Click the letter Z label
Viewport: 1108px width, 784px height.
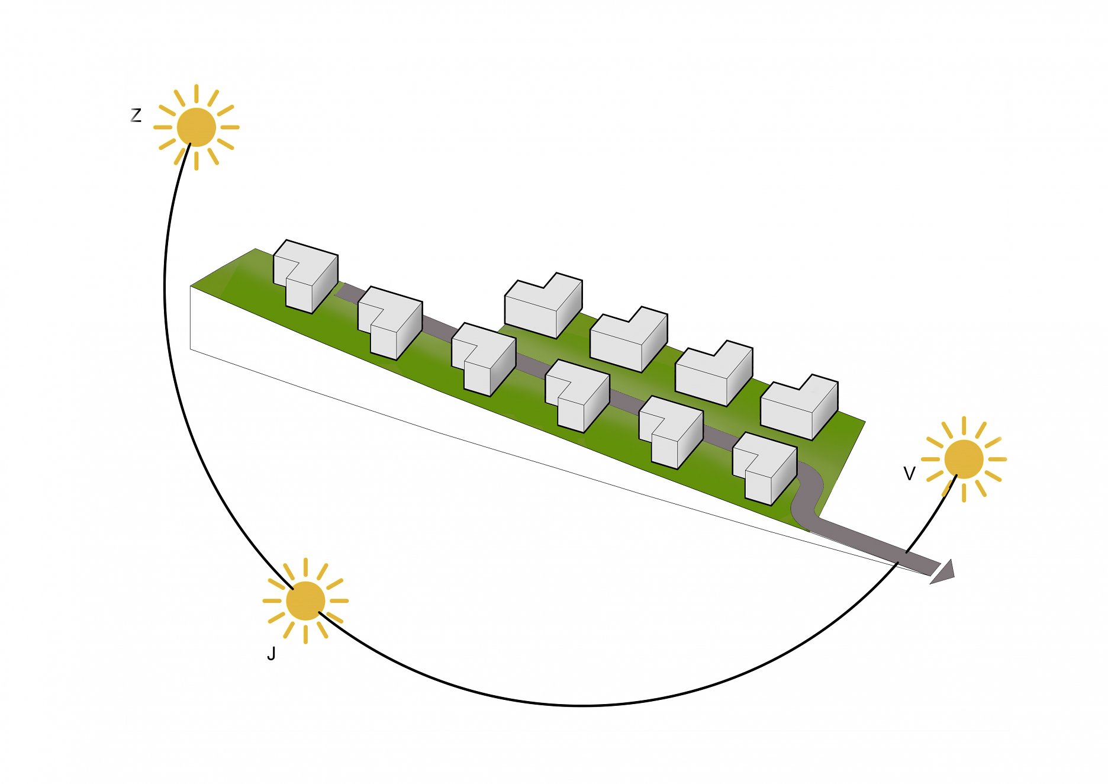click(x=136, y=115)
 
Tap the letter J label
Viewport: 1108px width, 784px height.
click(x=272, y=654)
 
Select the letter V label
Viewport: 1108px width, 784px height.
click(x=909, y=474)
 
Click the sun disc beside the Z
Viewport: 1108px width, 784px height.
click(x=196, y=127)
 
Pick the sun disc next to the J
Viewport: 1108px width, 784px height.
click(x=305, y=600)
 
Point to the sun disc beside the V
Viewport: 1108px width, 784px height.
click(x=964, y=459)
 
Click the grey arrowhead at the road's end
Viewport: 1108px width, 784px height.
click(x=943, y=571)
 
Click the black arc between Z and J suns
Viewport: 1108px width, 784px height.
click(x=178, y=385)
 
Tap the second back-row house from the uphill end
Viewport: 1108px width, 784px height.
click(x=627, y=340)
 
